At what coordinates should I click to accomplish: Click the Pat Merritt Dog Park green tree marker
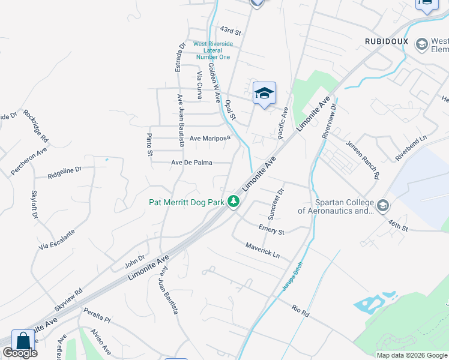click(234, 203)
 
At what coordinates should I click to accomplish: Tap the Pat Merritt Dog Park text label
click(187, 203)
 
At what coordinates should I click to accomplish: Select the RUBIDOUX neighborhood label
click(387, 41)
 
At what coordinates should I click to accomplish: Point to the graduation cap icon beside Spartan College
click(383, 206)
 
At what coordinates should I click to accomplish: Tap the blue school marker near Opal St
click(264, 93)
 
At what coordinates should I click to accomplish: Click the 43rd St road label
click(230, 29)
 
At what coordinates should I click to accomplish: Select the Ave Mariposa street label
click(210, 139)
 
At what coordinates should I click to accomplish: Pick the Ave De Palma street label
click(191, 162)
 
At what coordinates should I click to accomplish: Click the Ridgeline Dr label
click(65, 173)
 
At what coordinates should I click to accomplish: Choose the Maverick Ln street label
click(262, 250)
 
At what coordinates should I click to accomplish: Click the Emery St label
click(271, 229)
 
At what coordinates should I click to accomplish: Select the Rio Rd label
click(300, 310)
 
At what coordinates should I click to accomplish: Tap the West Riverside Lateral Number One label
click(212, 50)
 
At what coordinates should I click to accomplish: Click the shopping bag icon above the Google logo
click(23, 341)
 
